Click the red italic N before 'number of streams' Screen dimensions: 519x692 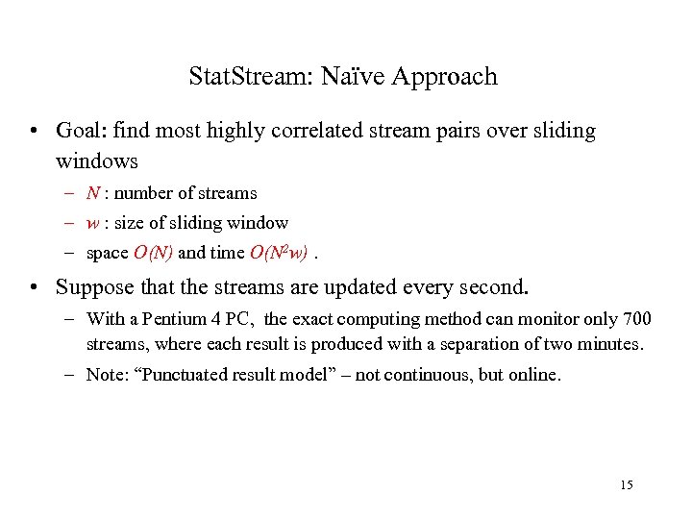tap(92, 193)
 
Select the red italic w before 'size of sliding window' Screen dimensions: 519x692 tap(92, 223)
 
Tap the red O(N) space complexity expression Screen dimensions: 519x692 tap(153, 253)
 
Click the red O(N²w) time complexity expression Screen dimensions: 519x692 tap(279, 253)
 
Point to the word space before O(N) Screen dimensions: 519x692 tap(107, 253)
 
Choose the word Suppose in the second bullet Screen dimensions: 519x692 tap(93, 286)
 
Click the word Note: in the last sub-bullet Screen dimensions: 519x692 tap(106, 375)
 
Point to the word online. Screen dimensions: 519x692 tap(532, 375)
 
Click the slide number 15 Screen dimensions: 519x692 tap(627, 484)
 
